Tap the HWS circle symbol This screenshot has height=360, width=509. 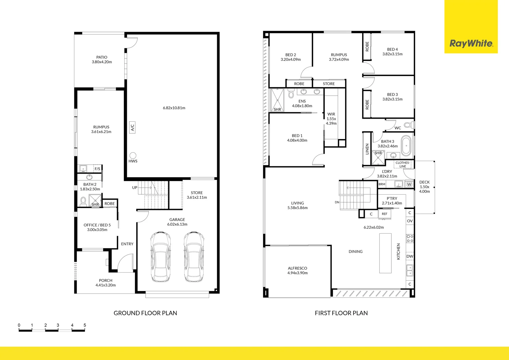point(133,155)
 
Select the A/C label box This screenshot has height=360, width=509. point(132,127)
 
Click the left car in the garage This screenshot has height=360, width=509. point(160,257)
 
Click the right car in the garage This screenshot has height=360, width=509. point(194,257)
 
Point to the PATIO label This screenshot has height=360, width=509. point(102,57)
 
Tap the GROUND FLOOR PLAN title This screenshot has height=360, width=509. point(145,313)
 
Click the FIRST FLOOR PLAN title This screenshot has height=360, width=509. point(341,313)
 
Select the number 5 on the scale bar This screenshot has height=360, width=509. point(85,325)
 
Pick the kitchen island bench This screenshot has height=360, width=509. point(385,253)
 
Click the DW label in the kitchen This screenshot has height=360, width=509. point(410,256)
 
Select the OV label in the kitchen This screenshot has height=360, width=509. point(410,221)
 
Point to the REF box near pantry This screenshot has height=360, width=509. point(384,214)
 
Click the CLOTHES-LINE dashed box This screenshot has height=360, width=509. point(403,164)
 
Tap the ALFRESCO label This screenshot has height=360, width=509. point(297,268)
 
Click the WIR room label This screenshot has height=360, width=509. point(331,114)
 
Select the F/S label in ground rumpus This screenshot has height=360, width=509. point(97,169)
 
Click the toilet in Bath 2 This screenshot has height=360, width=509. point(83,202)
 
